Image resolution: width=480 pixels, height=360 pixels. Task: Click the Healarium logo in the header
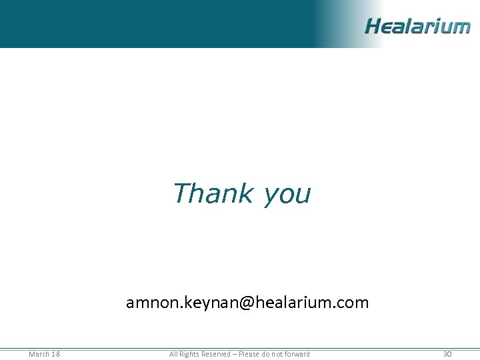point(417,27)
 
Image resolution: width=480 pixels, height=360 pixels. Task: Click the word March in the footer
point(39,354)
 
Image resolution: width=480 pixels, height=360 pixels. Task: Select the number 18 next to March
point(55,354)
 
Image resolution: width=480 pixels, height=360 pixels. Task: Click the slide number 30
point(447,354)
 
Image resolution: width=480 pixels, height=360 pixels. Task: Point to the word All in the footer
point(173,354)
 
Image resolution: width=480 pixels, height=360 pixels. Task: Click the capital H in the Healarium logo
point(373,27)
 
